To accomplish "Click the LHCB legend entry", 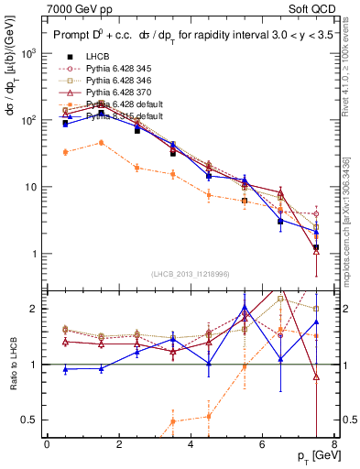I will [100, 57].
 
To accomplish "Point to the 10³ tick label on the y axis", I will [29, 53].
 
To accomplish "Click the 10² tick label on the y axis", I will [29, 120].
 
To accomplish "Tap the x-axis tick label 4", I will [191, 445].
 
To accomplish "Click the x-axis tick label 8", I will [334, 445].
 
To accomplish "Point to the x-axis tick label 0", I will [47, 445].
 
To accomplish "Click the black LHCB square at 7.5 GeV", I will [316, 247].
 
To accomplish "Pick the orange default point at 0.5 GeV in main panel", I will [65, 152].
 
